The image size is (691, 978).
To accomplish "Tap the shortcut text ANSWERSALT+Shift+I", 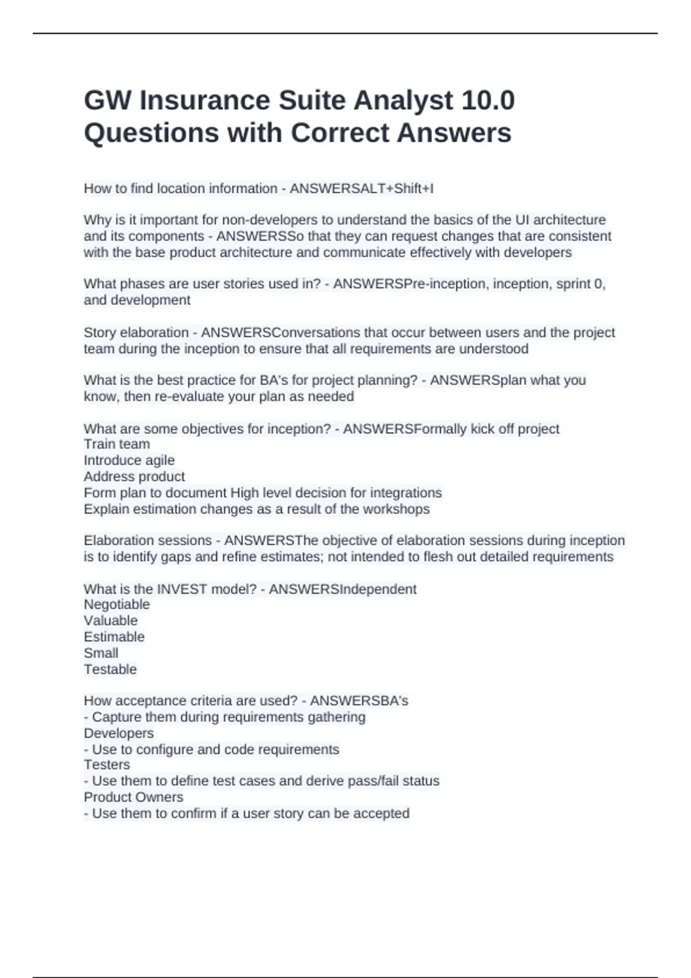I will coord(362,189).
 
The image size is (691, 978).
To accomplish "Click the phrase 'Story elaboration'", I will coord(136,333).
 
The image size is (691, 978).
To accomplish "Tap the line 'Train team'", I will coord(117,444).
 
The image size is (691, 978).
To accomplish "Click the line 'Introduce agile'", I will coord(129,460).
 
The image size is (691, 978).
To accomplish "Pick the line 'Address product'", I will coord(134,476).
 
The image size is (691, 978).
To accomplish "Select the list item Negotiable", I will coord(117,605).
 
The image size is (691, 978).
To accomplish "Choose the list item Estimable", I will coord(114,637).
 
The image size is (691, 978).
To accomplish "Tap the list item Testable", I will coord(111,669).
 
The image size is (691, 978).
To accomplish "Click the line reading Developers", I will coord(119,733).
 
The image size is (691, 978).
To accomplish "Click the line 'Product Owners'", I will coord(134,797).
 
